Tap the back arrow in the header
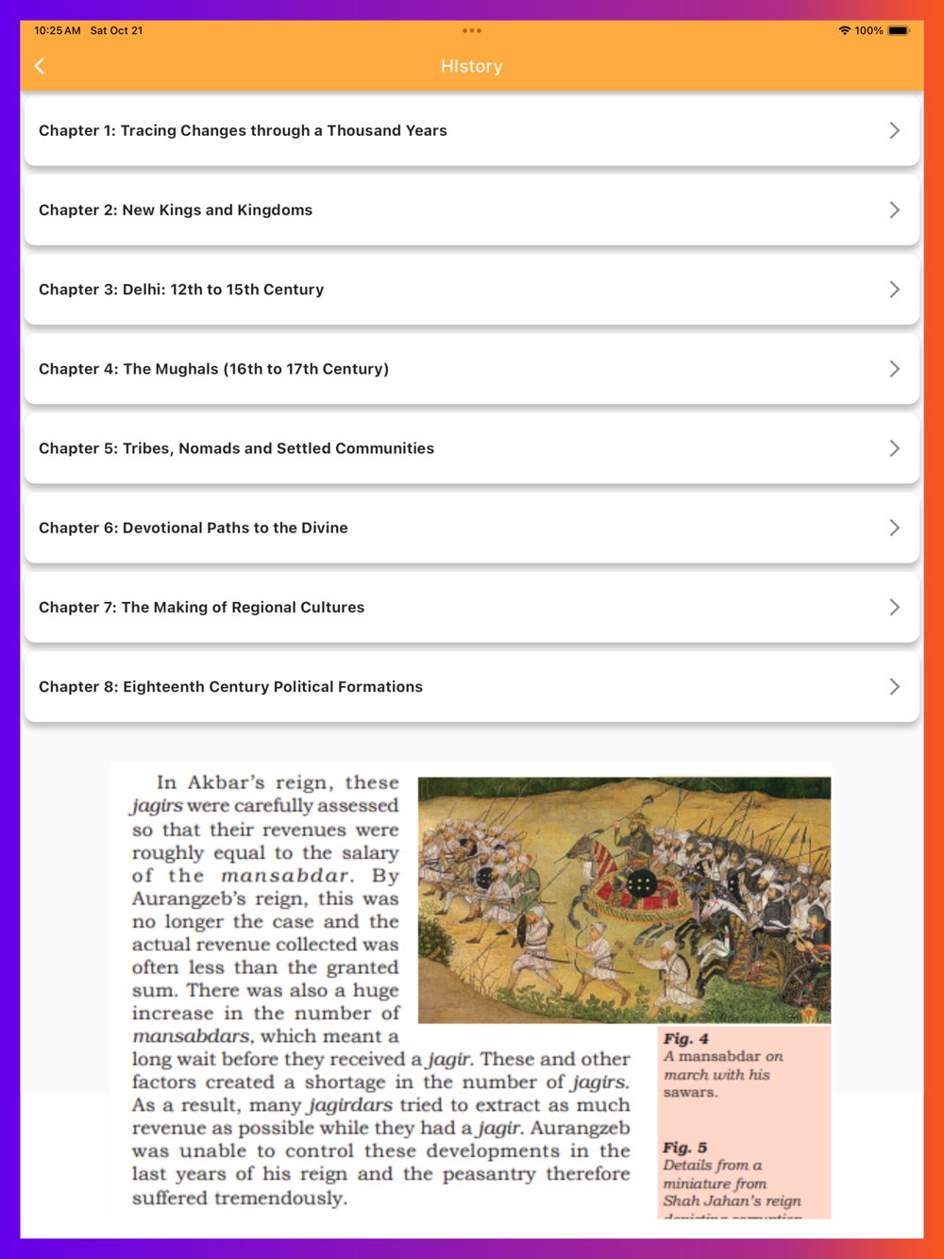click(40, 66)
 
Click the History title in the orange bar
click(471, 66)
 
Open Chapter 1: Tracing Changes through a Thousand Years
click(243, 130)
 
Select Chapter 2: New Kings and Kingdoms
click(176, 210)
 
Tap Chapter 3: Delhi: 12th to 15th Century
click(181, 289)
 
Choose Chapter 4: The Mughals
click(213, 369)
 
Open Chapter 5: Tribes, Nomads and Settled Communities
click(236, 448)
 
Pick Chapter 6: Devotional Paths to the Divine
click(194, 528)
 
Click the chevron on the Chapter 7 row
click(894, 607)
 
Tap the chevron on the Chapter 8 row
click(894, 686)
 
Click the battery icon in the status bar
click(898, 30)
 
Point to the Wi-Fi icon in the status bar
click(844, 30)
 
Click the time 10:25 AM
click(58, 30)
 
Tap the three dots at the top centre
click(472, 30)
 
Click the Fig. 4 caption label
click(685, 1038)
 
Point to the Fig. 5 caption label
click(684, 1148)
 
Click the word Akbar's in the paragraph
click(226, 782)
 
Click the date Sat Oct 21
click(116, 30)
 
